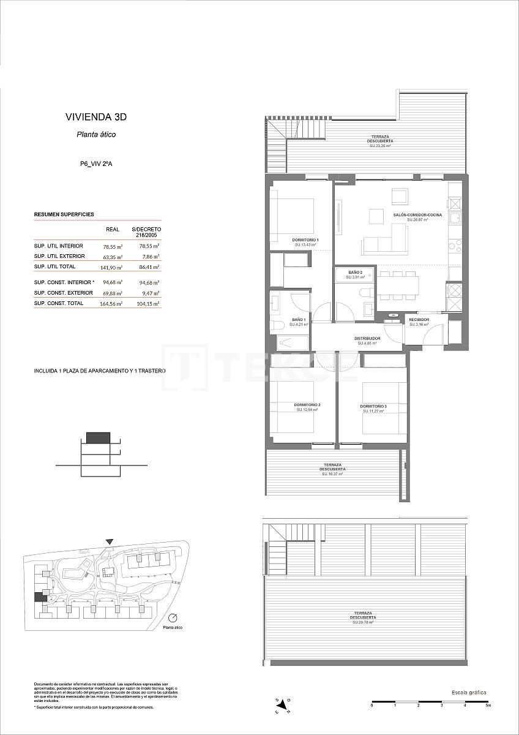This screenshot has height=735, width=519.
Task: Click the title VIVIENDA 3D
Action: point(96,117)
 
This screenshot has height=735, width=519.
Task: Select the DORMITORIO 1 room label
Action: point(305,240)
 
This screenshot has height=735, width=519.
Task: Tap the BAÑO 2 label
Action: point(356,272)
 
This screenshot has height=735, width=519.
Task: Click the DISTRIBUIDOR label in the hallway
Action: point(367,338)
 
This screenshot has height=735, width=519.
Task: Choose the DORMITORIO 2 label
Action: point(307,405)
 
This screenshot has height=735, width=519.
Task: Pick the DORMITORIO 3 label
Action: point(373,407)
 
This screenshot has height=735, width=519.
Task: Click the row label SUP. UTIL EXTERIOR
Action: point(59,256)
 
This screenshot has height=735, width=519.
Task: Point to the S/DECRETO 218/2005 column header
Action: point(146,232)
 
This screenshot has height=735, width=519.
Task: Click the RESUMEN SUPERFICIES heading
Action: point(64,215)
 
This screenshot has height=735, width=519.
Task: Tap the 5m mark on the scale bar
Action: point(488,706)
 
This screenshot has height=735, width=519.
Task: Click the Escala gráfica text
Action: point(469,692)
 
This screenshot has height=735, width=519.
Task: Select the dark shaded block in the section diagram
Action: point(98,437)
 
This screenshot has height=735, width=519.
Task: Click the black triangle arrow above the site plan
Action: point(109,541)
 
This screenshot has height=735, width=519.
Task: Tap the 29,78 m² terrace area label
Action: point(363,622)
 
